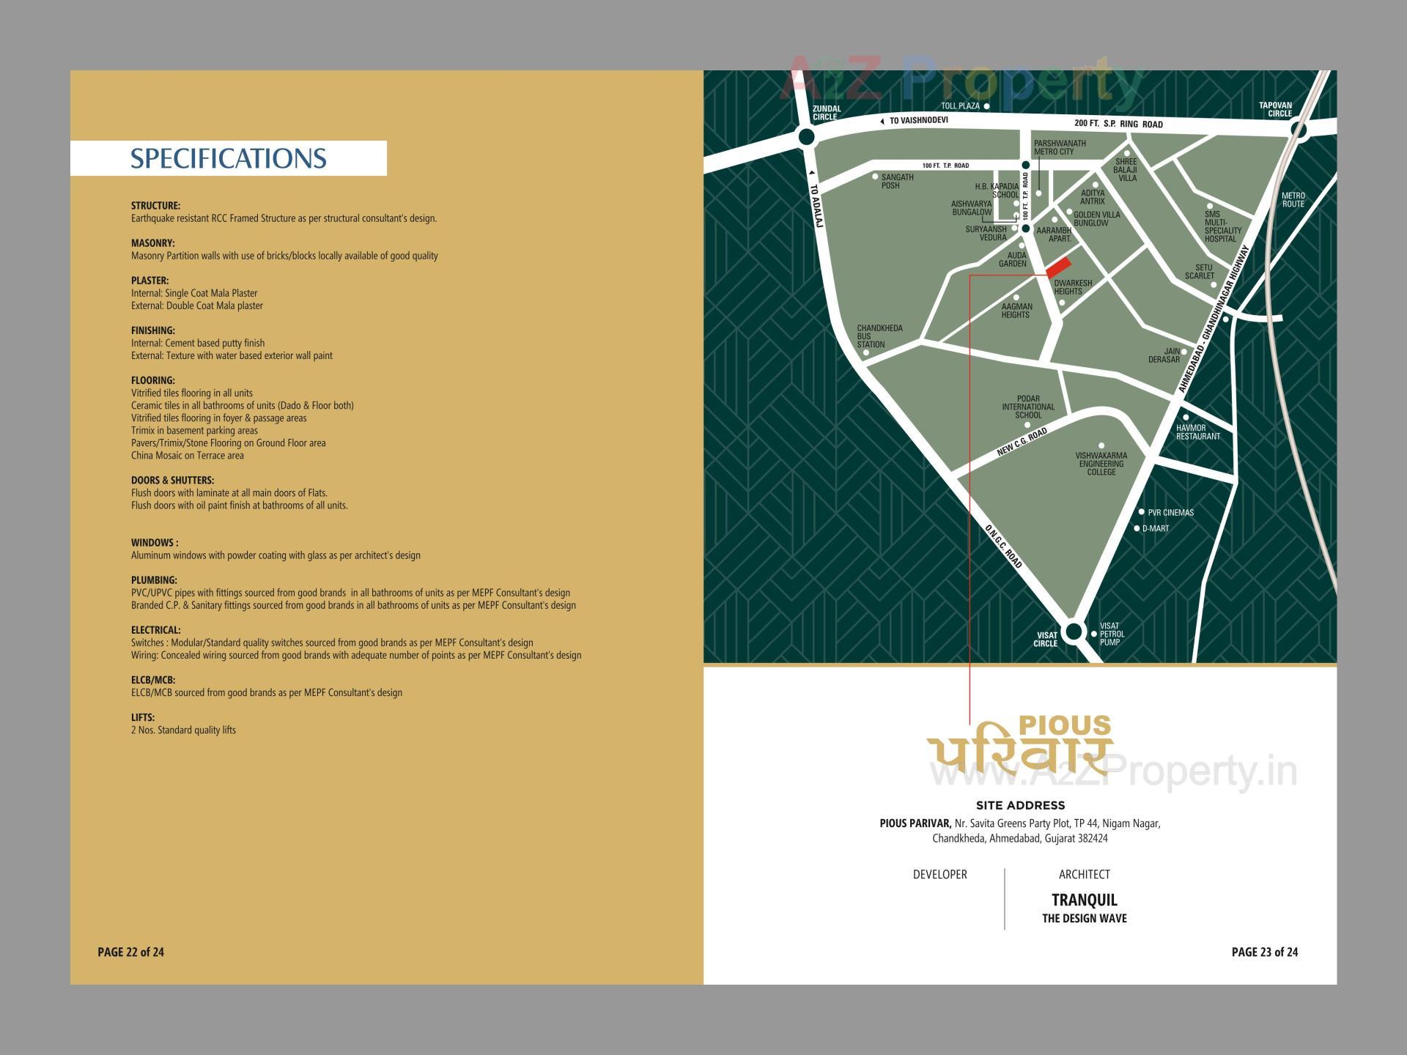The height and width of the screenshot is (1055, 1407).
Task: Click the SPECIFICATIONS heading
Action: [228, 158]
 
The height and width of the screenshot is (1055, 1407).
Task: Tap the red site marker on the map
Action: [1058, 267]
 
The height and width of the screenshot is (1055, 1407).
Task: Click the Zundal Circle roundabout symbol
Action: [806, 137]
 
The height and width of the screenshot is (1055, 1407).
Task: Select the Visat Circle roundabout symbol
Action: [1074, 631]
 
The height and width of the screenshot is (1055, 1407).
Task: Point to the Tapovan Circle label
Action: [1275, 109]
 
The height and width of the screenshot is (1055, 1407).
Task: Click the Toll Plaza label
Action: [960, 106]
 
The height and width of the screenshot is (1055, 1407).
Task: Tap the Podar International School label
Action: [1028, 407]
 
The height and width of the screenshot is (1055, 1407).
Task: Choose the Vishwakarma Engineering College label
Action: [1101, 464]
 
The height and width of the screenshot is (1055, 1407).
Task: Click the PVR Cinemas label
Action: [1170, 513]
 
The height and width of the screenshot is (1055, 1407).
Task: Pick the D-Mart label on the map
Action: [1155, 528]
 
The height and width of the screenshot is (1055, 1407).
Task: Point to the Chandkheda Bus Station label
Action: [879, 336]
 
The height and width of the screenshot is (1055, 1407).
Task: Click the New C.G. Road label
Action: [1022, 443]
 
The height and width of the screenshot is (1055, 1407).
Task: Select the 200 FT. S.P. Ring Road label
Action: [1118, 124]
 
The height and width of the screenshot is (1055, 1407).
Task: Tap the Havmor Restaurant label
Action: [1198, 432]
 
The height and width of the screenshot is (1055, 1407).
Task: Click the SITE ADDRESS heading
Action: [1020, 805]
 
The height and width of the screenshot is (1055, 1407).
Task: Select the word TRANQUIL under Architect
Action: [1084, 900]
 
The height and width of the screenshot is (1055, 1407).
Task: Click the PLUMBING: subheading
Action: [154, 580]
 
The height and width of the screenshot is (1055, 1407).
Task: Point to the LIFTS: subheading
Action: [143, 717]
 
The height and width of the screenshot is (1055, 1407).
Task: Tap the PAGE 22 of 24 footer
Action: [130, 952]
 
